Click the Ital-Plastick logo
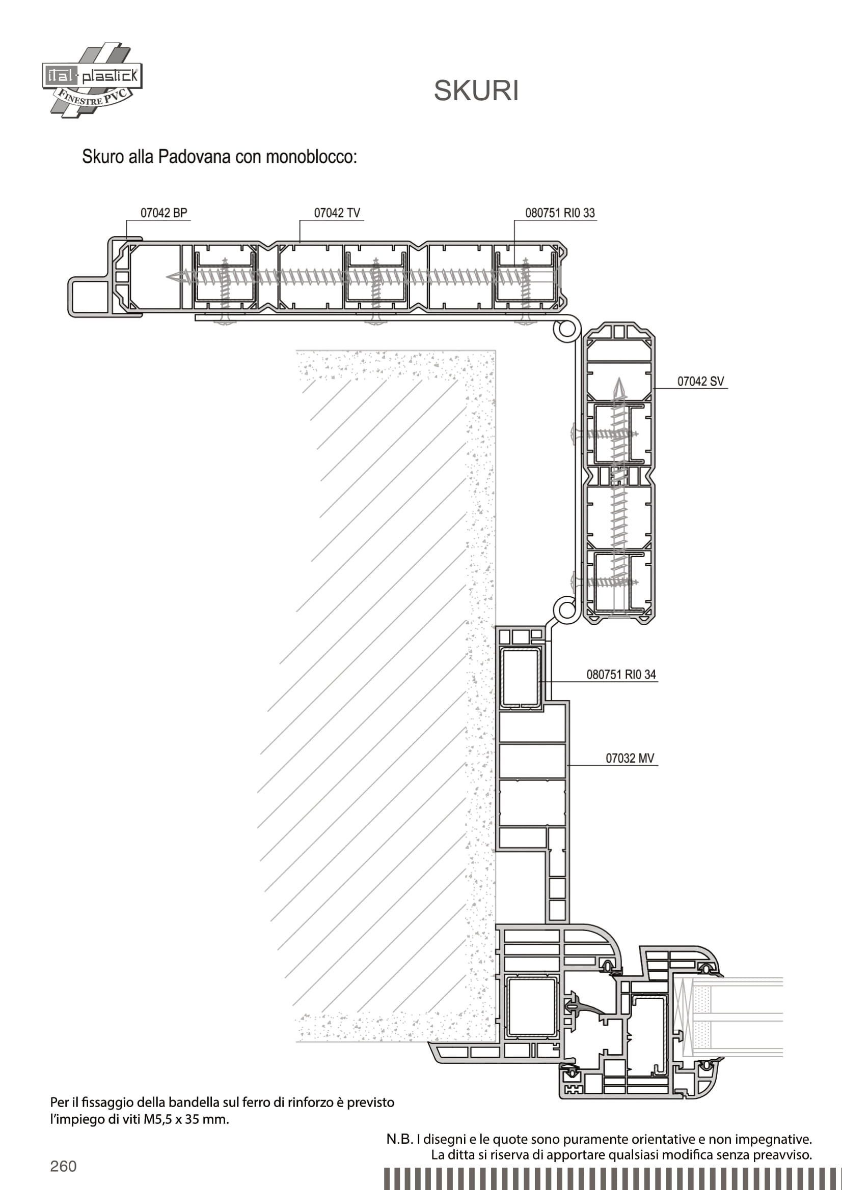point(92,80)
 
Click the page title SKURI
point(476,91)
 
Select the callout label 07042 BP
point(164,213)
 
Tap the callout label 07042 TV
point(337,213)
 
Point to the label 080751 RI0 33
point(560,213)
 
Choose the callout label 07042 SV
point(700,382)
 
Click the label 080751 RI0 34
point(621,674)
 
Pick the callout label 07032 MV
point(630,758)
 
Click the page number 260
point(63,1166)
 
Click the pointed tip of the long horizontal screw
point(168,277)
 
